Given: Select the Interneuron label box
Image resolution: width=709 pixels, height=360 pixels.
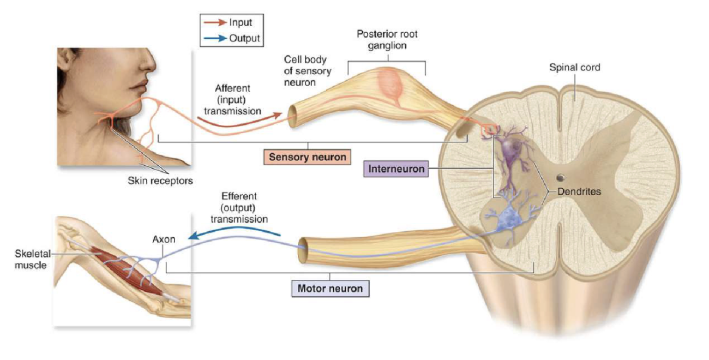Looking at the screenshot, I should click(396, 169).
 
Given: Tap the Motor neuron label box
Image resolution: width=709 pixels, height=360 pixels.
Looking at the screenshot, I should click(330, 288).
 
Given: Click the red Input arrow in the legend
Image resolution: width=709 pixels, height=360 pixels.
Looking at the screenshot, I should click(214, 23).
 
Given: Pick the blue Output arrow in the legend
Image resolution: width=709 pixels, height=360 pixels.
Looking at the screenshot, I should click(214, 39).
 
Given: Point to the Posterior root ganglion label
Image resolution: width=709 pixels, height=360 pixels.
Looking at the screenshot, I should click(387, 40).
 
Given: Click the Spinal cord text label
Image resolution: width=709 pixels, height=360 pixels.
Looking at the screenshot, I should click(574, 68).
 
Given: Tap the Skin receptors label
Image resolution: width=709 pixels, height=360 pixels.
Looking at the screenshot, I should click(160, 181).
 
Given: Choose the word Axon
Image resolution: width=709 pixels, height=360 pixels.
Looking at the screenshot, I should click(163, 239).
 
